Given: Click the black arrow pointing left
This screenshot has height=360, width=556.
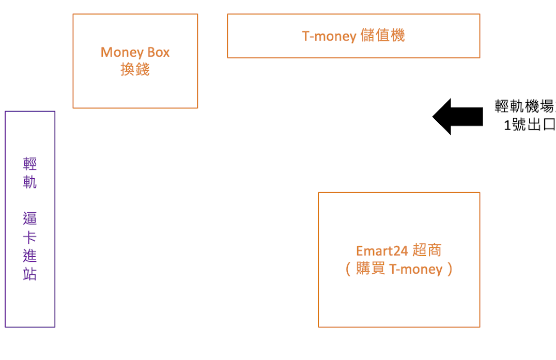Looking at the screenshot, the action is (457, 117).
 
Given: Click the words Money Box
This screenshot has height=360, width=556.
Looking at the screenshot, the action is (135, 53).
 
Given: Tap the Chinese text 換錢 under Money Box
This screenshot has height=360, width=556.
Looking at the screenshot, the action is (135, 69).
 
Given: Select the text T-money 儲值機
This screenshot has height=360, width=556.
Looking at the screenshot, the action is (353, 36).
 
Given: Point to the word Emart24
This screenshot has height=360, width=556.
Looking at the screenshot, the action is (382, 251).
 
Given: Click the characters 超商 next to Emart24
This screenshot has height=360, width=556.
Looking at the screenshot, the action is (427, 250).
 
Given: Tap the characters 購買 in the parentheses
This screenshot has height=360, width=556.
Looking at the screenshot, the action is (370, 269).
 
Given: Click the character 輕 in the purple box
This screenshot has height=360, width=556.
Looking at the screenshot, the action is (30, 164).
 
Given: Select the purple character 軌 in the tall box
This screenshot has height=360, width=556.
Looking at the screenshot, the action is (30, 182).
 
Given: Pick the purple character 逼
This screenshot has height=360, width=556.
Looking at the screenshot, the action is (30, 218).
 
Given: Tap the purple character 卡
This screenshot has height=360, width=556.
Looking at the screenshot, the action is (30, 237).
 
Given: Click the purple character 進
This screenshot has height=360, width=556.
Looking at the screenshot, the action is (30, 256).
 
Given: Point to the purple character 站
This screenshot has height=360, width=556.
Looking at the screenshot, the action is (30, 274).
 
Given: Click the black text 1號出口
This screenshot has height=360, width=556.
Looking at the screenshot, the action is (530, 124).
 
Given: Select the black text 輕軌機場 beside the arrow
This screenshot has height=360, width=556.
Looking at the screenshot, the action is (525, 106).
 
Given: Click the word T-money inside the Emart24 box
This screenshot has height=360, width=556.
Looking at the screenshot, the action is (416, 269).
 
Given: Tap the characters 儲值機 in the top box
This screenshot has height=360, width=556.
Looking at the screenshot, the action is (382, 36).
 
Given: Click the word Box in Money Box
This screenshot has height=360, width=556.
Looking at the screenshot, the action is (159, 52).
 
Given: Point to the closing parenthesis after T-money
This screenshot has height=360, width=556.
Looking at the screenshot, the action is (450, 269).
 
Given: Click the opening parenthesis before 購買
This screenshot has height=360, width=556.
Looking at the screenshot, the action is (348, 269).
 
